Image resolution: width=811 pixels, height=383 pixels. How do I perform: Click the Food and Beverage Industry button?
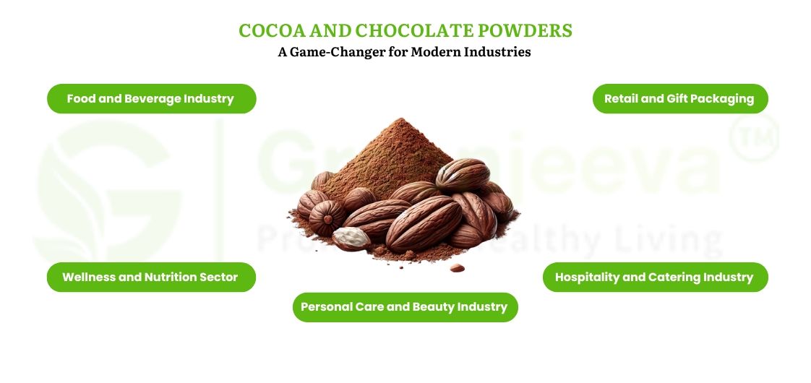(151, 99)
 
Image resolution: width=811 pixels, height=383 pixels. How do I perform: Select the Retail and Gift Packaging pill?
(679, 99)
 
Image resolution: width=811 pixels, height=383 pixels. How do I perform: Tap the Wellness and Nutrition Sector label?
(150, 277)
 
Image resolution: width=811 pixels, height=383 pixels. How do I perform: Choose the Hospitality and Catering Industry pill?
(654, 277)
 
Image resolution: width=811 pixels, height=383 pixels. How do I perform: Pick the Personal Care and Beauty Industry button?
(405, 307)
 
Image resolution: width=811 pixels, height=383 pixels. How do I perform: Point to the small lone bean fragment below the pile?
(457, 268)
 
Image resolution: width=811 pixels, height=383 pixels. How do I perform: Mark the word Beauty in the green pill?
(436, 307)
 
